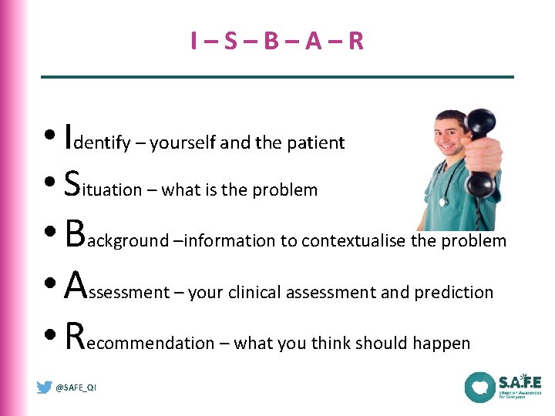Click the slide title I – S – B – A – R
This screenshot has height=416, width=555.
[277, 41]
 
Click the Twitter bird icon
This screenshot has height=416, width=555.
[45, 387]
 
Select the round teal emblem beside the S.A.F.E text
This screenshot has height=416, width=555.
[479, 387]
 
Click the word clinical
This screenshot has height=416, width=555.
[255, 293]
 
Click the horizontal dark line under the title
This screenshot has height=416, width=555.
[277, 76]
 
